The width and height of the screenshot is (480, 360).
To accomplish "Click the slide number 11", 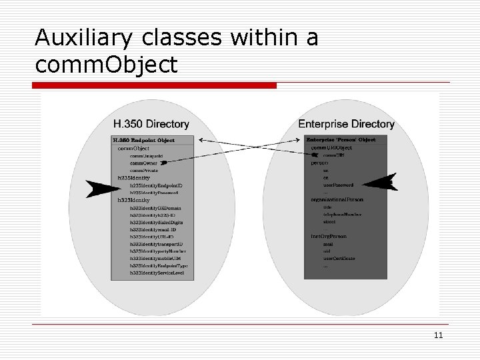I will pos(439,335).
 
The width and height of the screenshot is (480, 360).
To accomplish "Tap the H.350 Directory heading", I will pos(151,124).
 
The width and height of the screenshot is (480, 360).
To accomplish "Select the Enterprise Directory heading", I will pos(346,124).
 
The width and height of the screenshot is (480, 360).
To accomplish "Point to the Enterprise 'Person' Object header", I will pos(340,140).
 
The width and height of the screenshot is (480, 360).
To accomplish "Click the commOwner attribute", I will pos(143,163).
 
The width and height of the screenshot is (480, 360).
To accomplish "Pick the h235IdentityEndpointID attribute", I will pos(156,185).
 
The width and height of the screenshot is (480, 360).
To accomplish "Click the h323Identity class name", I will pos(134,200).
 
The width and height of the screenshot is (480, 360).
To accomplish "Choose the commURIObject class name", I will pos(331,147).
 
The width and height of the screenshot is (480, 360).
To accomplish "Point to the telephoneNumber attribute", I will pos(342,215).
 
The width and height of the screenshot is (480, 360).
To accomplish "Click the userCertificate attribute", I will pos(340,259).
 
